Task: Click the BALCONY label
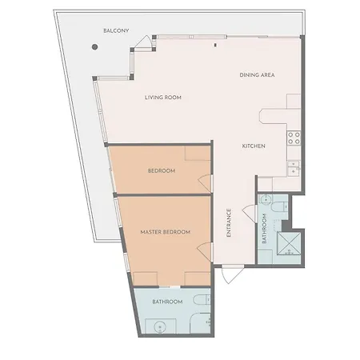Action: click(x=116, y=30)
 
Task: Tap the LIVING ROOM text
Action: click(x=163, y=98)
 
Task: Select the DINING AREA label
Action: click(x=257, y=75)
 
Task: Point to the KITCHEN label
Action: click(x=254, y=146)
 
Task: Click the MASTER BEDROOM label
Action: click(x=166, y=232)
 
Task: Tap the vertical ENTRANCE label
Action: click(x=229, y=222)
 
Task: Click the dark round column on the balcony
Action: click(x=94, y=47)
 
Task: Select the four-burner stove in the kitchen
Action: click(x=294, y=138)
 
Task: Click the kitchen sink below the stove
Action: click(x=294, y=168)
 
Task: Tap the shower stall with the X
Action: click(x=289, y=244)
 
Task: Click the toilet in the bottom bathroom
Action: click(x=202, y=300)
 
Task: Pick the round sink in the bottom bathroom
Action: click(x=160, y=326)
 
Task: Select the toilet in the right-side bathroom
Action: click(x=279, y=206)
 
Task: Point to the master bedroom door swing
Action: click(x=205, y=252)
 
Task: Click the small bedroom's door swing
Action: click(x=206, y=183)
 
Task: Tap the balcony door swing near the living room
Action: click(x=144, y=42)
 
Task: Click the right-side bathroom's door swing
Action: click(x=250, y=213)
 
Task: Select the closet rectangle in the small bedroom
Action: click(x=198, y=153)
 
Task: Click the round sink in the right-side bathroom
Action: click(x=266, y=199)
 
